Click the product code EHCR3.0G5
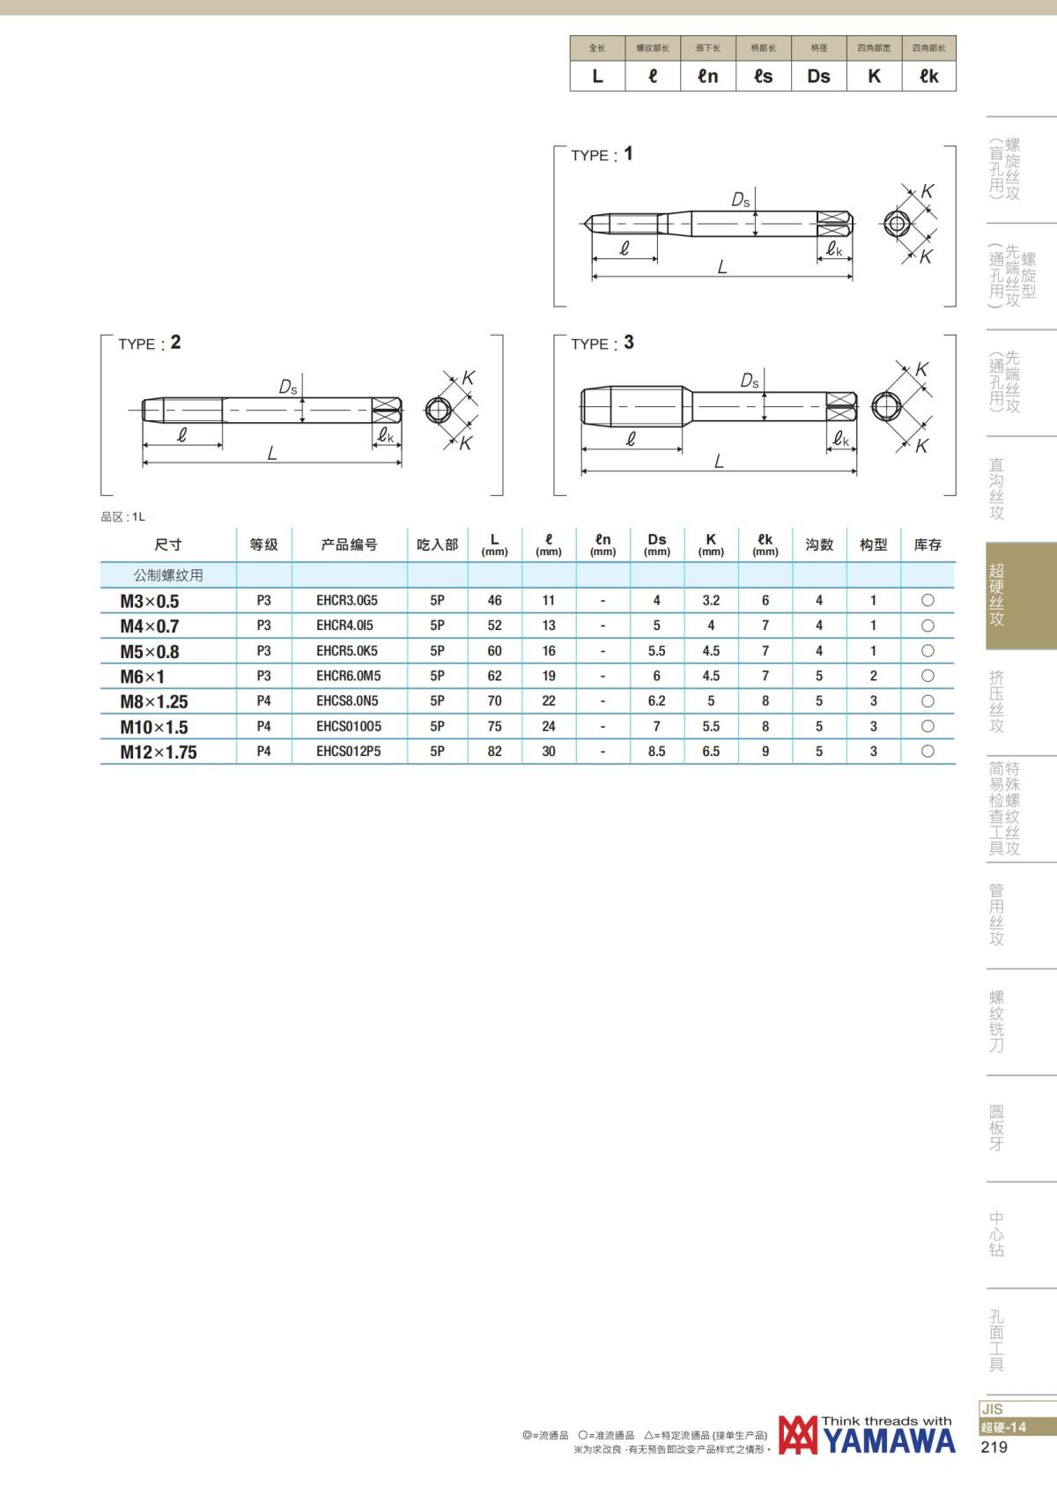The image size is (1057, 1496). click(346, 600)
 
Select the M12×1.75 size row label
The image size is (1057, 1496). click(159, 752)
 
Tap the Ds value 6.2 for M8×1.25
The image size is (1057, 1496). click(656, 701)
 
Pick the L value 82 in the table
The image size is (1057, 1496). click(494, 752)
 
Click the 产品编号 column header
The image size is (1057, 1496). click(349, 545)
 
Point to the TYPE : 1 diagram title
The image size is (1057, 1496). click(601, 154)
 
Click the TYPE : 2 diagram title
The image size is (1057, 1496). click(149, 344)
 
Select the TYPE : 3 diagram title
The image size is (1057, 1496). click(602, 344)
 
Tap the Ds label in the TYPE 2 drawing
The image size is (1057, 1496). click(288, 387)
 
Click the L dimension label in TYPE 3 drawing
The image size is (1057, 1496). click(719, 461)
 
